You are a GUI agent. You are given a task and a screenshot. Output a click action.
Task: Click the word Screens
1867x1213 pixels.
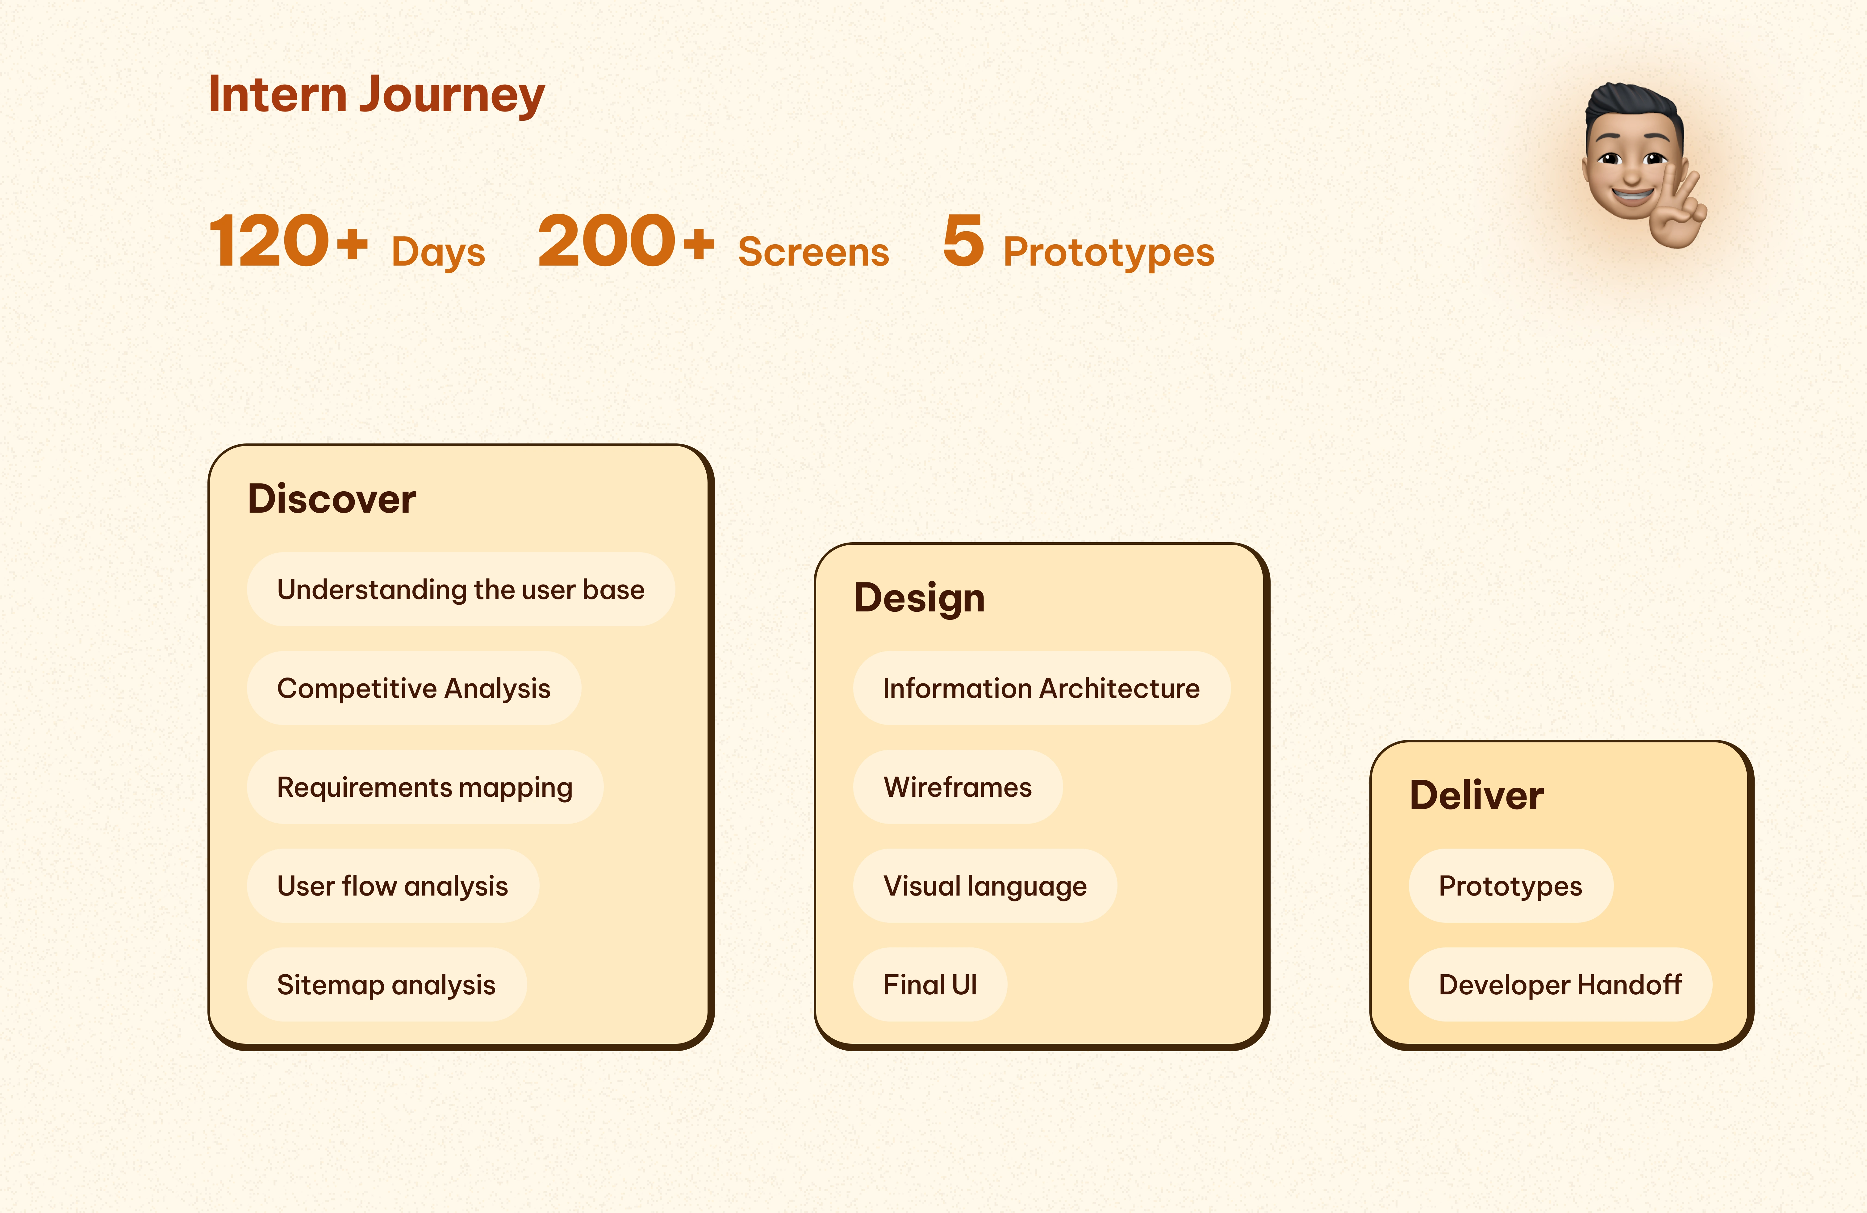coord(813,252)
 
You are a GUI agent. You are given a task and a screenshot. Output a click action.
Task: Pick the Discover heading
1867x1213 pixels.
coord(332,499)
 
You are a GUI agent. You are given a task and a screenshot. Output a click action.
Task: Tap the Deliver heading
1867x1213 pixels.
coord(1476,795)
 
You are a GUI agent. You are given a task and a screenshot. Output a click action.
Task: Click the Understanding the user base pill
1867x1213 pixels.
coord(461,589)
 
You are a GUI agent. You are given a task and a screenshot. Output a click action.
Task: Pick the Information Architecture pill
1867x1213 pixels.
coord(1042,688)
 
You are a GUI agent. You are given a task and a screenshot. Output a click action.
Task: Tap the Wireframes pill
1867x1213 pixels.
coord(958,787)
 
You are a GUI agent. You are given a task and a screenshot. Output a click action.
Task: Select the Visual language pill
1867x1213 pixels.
coord(985,886)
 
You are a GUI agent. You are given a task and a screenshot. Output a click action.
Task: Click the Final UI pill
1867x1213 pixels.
coord(930,985)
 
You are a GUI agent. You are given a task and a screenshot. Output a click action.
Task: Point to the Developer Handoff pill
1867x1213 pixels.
coord(1560,985)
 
